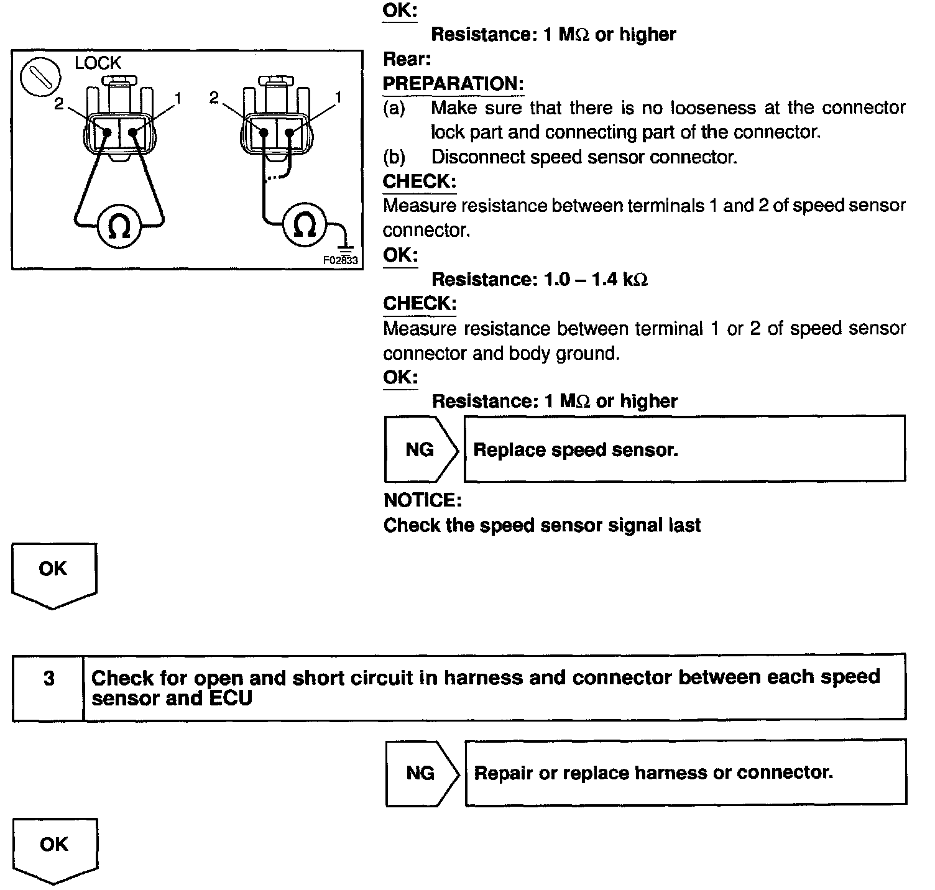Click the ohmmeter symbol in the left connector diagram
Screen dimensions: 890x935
(x=119, y=227)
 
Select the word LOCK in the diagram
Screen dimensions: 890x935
(x=98, y=63)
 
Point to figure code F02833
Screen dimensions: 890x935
(x=340, y=260)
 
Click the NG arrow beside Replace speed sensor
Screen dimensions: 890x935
(x=421, y=449)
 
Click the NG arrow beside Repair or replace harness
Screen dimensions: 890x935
(x=421, y=773)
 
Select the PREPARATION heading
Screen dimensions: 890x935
(x=453, y=84)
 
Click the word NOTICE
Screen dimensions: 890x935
(x=422, y=500)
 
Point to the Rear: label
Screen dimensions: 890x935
(x=407, y=60)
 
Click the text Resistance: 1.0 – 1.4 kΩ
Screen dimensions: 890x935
(x=540, y=280)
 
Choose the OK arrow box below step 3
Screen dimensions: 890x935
(x=54, y=848)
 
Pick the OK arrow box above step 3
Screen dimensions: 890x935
(x=53, y=573)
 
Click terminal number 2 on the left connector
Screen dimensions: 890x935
(x=59, y=104)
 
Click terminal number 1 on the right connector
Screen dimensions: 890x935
(x=338, y=97)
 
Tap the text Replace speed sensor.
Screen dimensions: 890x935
(x=576, y=450)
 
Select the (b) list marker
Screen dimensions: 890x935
(x=394, y=157)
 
